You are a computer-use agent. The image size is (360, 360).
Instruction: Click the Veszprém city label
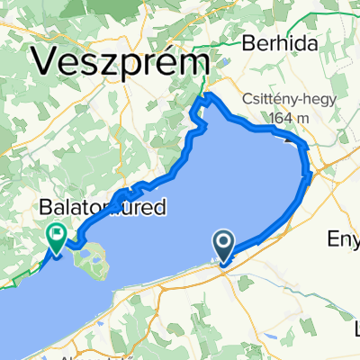[x=124, y=62]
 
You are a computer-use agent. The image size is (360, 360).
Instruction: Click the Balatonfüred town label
[x=103, y=208]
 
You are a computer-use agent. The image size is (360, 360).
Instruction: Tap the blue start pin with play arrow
[x=224, y=244]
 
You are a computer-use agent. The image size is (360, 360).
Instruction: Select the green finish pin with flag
[x=57, y=237]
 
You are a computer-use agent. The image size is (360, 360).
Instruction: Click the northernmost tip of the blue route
[x=208, y=94]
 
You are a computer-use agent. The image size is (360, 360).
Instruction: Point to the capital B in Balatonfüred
[x=46, y=208]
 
